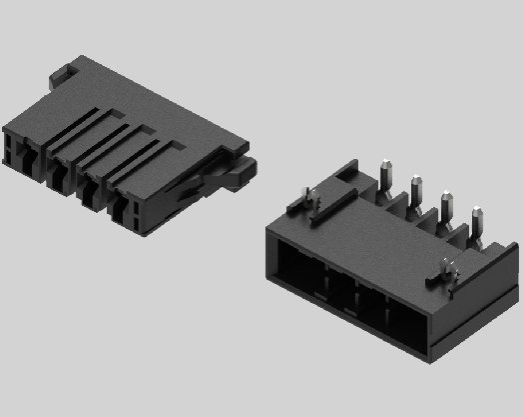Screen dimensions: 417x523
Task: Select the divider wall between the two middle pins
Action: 430,214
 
